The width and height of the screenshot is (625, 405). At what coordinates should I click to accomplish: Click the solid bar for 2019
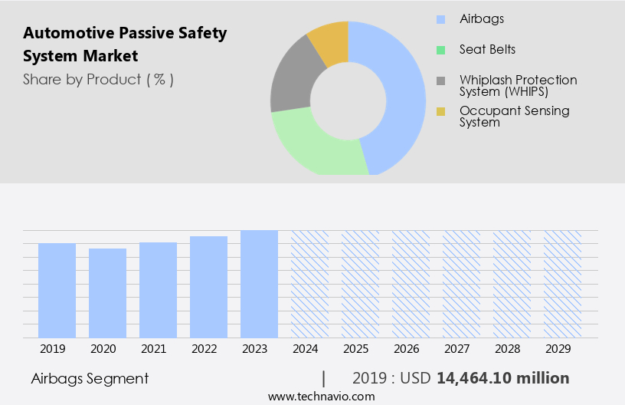pos(57,290)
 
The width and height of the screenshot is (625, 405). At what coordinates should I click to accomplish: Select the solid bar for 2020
pos(107,293)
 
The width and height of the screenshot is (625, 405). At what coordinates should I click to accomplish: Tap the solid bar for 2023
pos(259,284)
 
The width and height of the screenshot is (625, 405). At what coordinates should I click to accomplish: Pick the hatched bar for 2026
pos(411,284)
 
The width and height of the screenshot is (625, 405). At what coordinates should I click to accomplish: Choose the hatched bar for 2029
pos(562,284)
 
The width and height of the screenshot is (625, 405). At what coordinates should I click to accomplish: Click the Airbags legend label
pos(482,19)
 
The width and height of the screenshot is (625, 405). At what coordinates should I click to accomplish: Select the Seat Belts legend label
pos(487,50)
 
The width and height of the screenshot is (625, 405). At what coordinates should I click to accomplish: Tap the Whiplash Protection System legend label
pos(518,85)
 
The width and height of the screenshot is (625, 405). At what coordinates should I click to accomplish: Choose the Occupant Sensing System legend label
pos(514,116)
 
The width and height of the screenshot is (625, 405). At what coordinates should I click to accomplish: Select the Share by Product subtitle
pos(98,79)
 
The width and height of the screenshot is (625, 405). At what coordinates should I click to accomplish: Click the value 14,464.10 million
pos(502,378)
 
